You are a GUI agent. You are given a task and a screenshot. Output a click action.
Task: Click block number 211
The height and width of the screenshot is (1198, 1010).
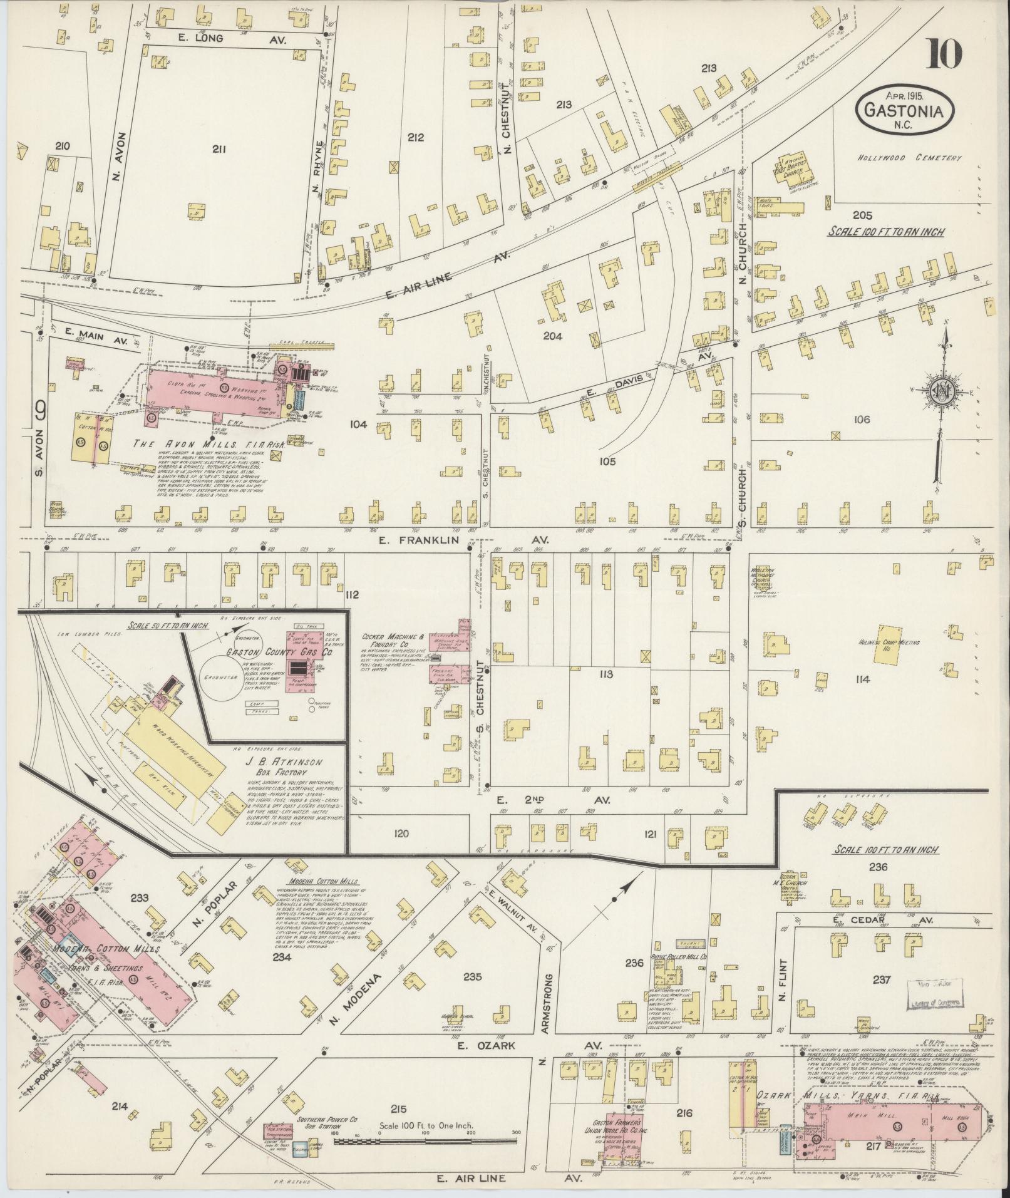point(219,149)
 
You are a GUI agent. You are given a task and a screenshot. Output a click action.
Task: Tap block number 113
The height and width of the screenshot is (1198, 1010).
point(605,674)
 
